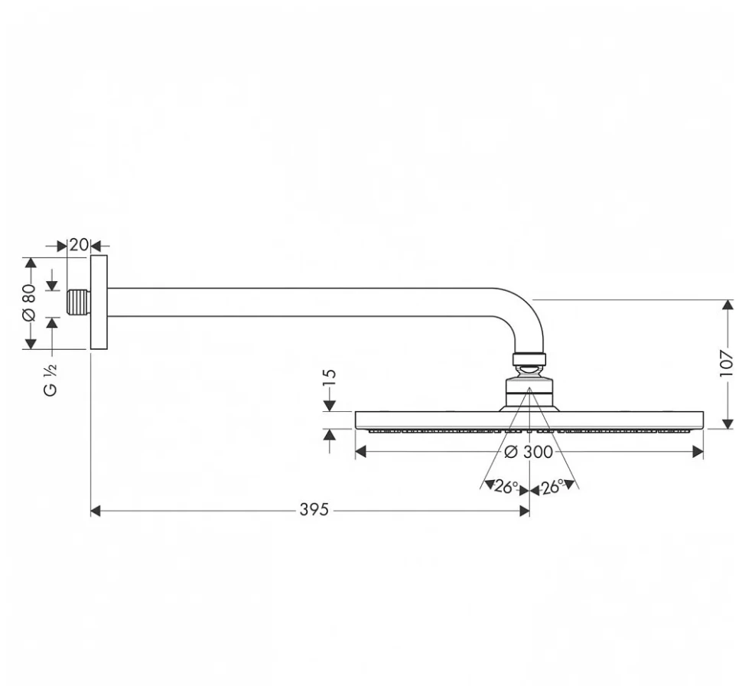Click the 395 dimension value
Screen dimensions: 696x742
point(314,510)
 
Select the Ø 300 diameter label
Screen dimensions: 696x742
point(529,452)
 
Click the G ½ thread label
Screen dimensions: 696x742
point(50,378)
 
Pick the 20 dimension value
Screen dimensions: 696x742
point(78,245)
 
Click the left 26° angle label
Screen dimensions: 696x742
point(505,486)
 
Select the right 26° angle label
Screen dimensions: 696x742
point(553,486)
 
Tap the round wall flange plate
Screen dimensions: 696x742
point(99,303)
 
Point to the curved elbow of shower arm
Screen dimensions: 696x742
point(528,314)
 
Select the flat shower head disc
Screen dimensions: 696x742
point(529,420)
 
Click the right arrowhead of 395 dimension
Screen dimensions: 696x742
point(525,511)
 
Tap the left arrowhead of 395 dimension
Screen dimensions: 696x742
point(96,511)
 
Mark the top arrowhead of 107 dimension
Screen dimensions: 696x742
point(727,305)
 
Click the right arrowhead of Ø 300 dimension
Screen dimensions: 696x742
point(698,452)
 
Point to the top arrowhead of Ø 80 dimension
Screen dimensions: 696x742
point(31,262)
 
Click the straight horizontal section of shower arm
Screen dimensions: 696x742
point(306,302)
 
